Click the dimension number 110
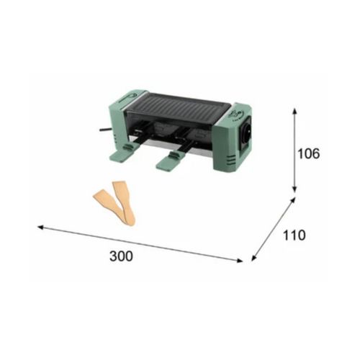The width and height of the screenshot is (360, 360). tap(294, 235)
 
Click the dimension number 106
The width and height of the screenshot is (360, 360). tap(309, 153)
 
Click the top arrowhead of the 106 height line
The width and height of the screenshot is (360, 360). tap(294, 110)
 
